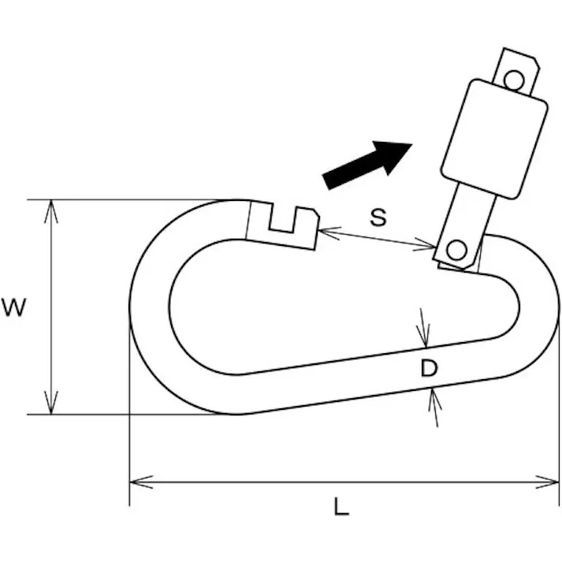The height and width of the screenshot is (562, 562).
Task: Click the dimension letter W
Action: pyautogui.click(x=14, y=308)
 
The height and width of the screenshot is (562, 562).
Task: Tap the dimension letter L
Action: pyautogui.click(x=341, y=506)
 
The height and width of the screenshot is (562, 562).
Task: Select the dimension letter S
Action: pyautogui.click(x=378, y=218)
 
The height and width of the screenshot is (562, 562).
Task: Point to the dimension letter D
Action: pyautogui.click(x=429, y=368)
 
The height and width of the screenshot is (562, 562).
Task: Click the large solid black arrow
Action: pyautogui.click(x=367, y=164)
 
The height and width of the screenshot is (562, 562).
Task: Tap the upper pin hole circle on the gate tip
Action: pyautogui.click(x=514, y=80)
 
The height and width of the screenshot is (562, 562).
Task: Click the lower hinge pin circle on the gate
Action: pyautogui.click(x=456, y=249)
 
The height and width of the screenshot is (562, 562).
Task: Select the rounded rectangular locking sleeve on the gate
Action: pyautogui.click(x=494, y=139)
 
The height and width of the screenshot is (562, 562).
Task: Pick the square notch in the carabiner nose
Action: pyautogui.click(x=282, y=219)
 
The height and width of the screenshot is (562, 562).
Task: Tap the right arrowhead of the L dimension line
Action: pyautogui.click(x=547, y=482)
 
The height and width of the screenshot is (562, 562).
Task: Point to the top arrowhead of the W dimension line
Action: pyautogui.click(x=51, y=211)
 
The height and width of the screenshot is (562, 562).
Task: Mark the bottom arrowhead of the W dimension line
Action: pyautogui.click(x=51, y=403)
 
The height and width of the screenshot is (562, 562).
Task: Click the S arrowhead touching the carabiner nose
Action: pyautogui.click(x=329, y=233)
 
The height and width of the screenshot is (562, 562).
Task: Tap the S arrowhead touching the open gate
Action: pyautogui.click(x=424, y=245)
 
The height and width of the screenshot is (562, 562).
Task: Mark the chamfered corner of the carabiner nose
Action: pyautogui.click(x=316, y=213)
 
